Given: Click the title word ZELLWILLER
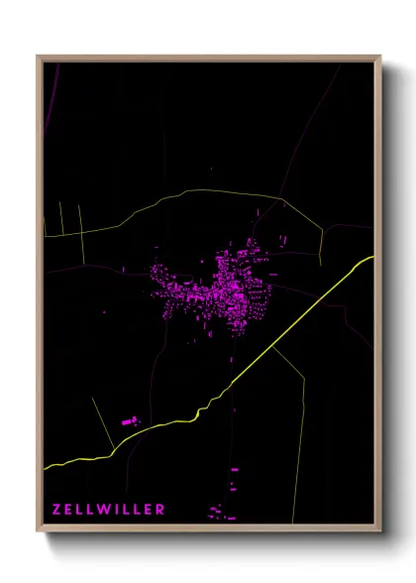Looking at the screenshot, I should coord(109,510).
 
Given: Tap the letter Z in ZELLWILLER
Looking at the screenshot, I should coord(57,510).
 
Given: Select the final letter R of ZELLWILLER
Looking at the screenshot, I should coord(160,510).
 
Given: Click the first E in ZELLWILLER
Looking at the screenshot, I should coord(69,510).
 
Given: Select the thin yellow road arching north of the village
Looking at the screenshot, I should coord(198,192).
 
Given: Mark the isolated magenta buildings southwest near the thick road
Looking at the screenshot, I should coord(130,422).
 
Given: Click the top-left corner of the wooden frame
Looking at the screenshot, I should coord(39,58).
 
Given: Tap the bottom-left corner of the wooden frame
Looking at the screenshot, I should coord(39,529).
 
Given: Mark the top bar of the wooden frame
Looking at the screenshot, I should coord(208,58).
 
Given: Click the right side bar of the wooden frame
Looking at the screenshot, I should coord(378,297).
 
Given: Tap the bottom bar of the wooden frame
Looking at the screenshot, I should coord(208,528).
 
